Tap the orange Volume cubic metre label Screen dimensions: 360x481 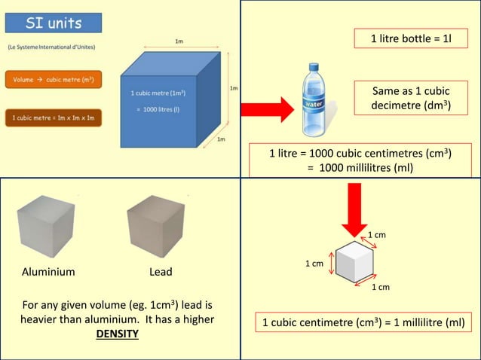53,78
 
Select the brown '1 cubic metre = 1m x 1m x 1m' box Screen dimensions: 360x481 53,117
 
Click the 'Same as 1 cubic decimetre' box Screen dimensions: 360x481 410,99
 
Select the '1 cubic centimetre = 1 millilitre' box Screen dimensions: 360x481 363,323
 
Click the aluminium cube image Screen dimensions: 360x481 47,226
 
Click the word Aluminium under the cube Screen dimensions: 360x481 48,272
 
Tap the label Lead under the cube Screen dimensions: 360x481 161,272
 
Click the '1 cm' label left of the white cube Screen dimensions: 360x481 314,264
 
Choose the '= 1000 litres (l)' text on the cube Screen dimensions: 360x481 158,108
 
